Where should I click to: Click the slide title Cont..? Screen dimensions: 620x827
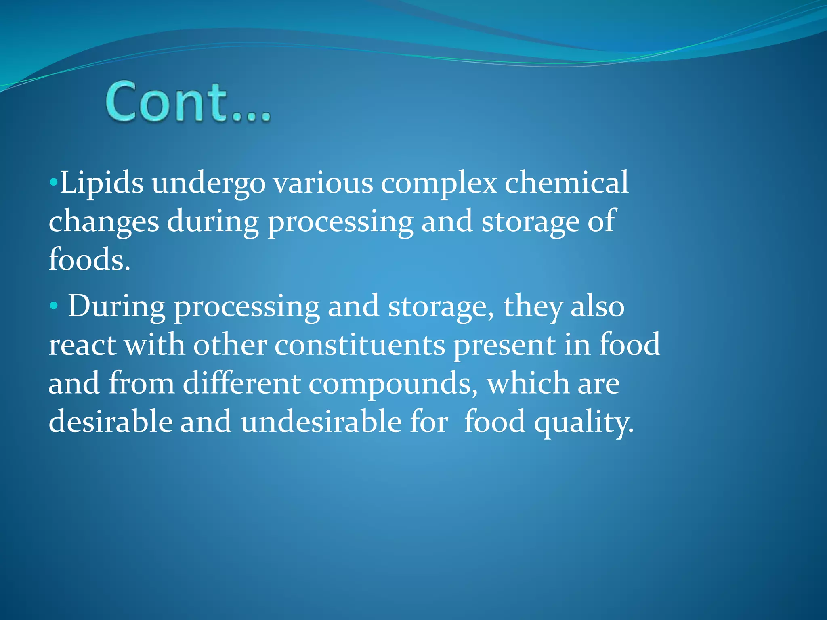(x=187, y=102)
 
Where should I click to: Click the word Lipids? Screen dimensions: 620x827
(x=101, y=183)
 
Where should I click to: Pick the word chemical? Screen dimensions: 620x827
(x=567, y=183)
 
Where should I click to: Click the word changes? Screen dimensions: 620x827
(x=104, y=222)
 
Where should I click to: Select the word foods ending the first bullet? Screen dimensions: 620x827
(x=89, y=260)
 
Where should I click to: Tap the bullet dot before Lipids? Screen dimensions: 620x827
(x=53, y=183)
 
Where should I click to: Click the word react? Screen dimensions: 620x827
(x=82, y=345)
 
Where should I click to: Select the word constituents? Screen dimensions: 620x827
(x=360, y=345)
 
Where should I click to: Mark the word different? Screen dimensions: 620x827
(x=241, y=383)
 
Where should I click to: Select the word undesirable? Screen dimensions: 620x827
(x=321, y=422)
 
